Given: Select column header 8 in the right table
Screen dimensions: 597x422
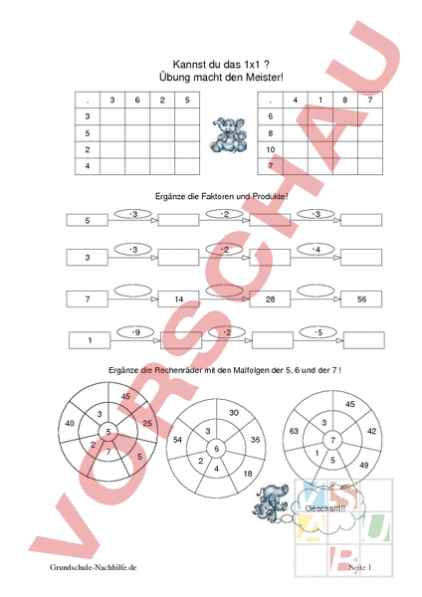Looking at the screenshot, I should point(343,99).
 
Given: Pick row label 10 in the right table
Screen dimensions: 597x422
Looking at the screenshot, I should point(270,149).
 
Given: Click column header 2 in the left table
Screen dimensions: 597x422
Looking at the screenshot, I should point(160,99).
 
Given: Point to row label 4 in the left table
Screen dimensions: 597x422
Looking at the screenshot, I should point(88,166).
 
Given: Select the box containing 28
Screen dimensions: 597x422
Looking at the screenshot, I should point(270,298).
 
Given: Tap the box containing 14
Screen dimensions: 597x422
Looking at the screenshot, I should point(179,298).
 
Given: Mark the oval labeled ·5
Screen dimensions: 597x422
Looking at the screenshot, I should point(317,332).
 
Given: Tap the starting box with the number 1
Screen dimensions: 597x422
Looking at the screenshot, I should point(91,341).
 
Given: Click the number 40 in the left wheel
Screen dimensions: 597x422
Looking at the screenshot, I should point(69,423).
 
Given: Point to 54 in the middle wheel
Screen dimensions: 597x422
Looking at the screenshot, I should point(177,439).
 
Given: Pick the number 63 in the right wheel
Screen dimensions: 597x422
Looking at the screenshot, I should point(295,433).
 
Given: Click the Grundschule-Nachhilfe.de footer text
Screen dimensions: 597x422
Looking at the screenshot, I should point(93,567).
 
